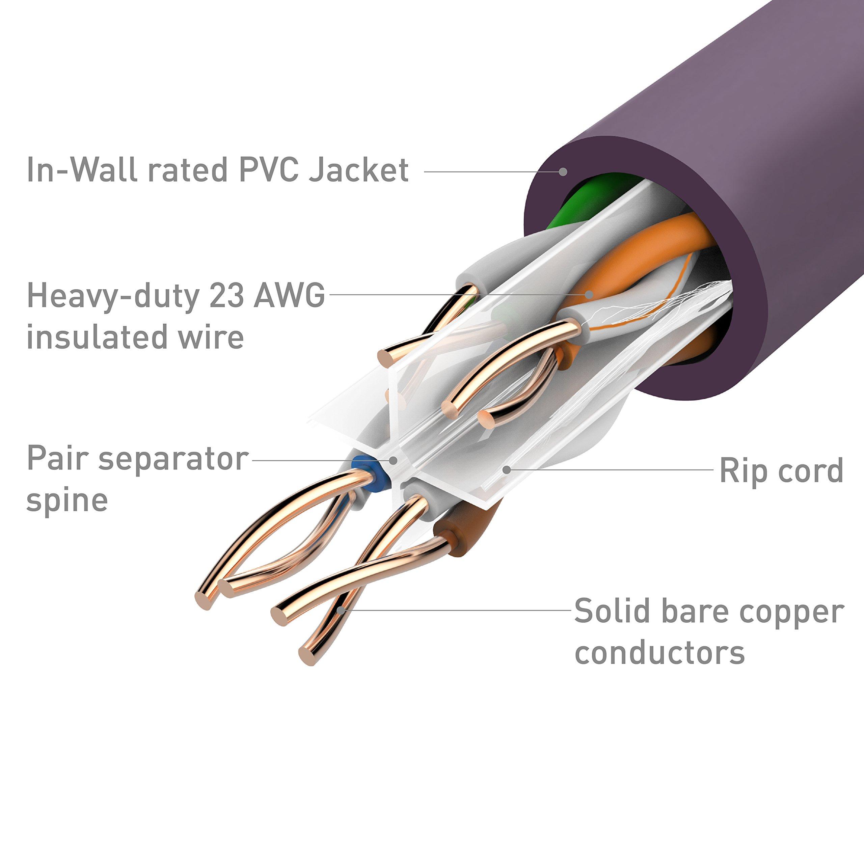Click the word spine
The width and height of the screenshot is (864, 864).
[x=67, y=500]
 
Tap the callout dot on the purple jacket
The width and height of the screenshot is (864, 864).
[x=564, y=171]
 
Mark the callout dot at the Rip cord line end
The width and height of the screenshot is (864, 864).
[x=506, y=469]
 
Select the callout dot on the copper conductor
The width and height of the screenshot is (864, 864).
[x=341, y=610]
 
